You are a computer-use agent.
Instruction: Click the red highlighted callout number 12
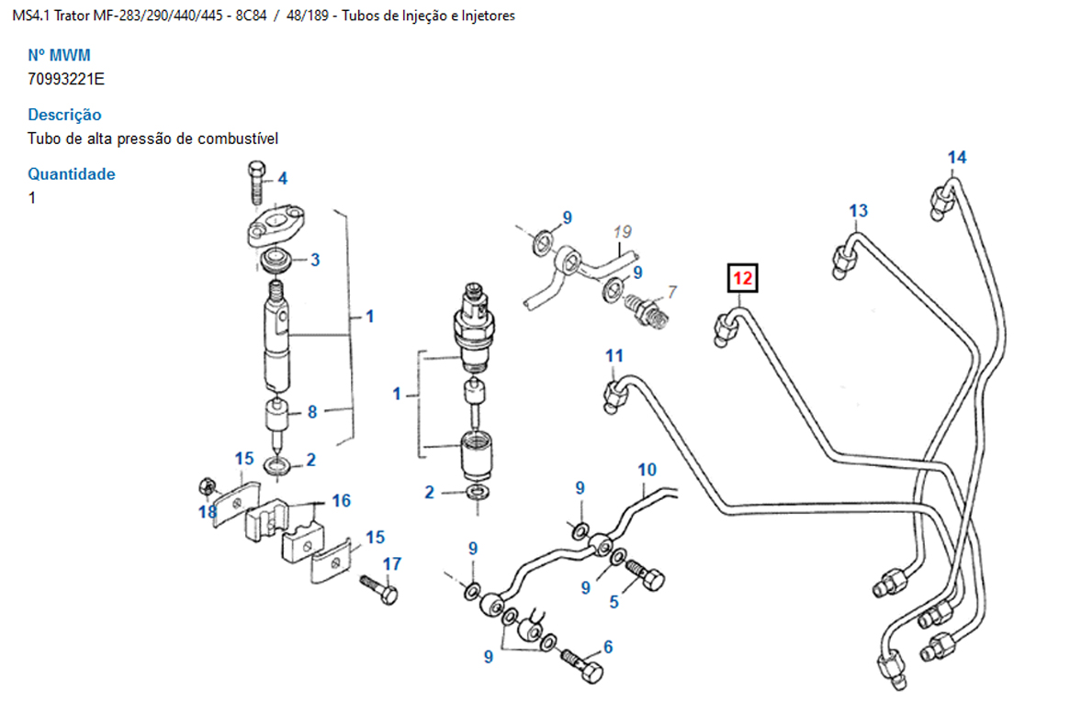tap(742, 276)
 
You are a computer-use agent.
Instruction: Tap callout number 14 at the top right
tap(957, 158)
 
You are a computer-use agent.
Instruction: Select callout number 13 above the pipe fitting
tap(858, 211)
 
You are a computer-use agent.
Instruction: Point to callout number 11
tap(614, 355)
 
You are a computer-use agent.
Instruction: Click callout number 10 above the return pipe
tap(647, 470)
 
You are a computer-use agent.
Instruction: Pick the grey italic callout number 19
tap(623, 231)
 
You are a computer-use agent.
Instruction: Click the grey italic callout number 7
tap(671, 292)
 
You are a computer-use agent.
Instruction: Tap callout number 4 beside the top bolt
tap(282, 178)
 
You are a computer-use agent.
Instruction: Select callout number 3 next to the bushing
tap(314, 260)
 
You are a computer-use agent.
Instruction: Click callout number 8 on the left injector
tap(312, 412)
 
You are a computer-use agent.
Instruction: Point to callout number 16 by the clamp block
tap(341, 500)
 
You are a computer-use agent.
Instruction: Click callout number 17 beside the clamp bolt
tap(392, 563)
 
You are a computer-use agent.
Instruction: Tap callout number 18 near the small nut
tap(208, 512)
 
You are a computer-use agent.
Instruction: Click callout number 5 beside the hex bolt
tap(614, 602)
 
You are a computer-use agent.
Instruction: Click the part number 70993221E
tap(66, 79)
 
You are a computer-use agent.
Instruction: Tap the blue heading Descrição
tap(64, 115)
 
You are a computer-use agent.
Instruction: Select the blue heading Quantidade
tap(71, 173)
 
